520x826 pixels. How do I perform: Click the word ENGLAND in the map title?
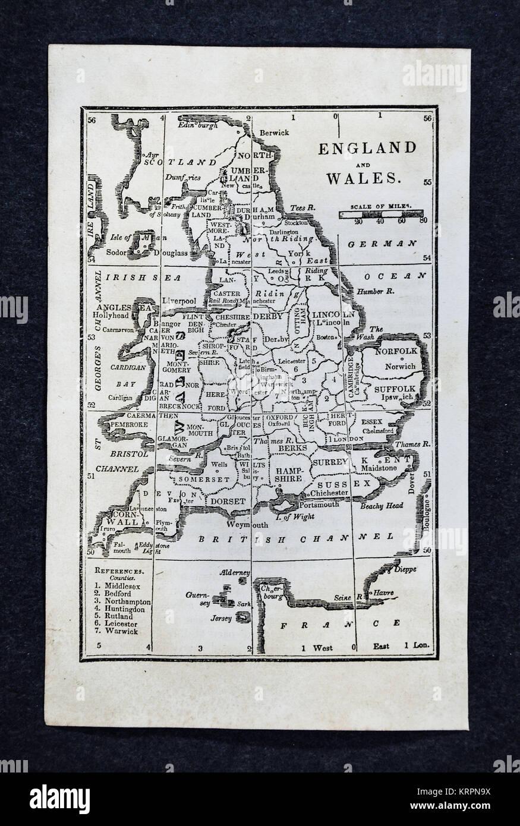[367, 148]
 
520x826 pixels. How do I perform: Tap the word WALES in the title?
[366, 176]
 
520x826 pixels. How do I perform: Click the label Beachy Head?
[381, 506]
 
